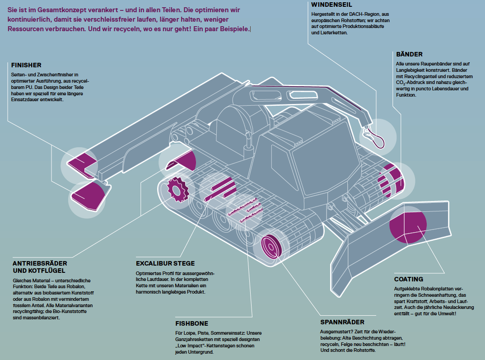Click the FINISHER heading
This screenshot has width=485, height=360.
pos(26,65)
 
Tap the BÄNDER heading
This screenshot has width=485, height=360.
pos(409,54)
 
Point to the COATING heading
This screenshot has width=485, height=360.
pos(409,279)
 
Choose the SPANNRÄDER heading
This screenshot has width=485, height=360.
pos(342,322)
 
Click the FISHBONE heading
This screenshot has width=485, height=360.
pos(191,323)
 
